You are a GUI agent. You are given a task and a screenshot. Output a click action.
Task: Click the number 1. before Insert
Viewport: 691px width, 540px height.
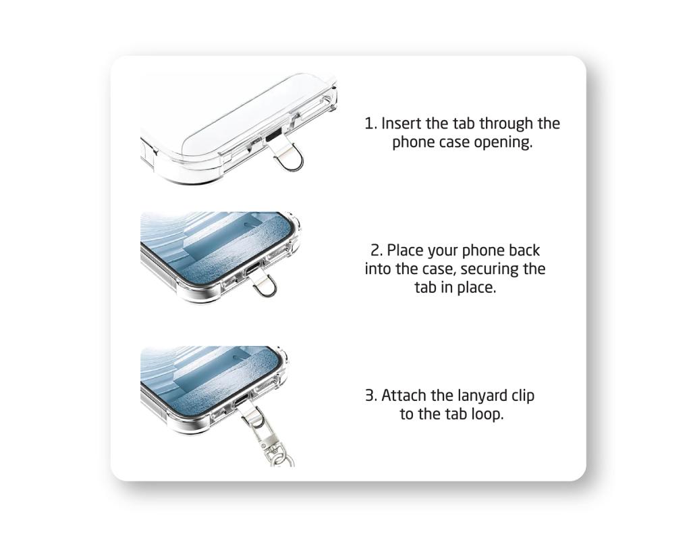click(371, 124)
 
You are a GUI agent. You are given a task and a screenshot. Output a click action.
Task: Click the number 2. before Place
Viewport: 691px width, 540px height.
click(377, 250)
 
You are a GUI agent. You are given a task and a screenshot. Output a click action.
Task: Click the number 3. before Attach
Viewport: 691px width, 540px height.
click(371, 396)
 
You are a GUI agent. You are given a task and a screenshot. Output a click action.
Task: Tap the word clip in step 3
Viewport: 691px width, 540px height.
click(523, 396)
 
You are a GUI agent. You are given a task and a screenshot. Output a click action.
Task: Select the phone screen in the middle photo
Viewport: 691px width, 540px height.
click(217, 247)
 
